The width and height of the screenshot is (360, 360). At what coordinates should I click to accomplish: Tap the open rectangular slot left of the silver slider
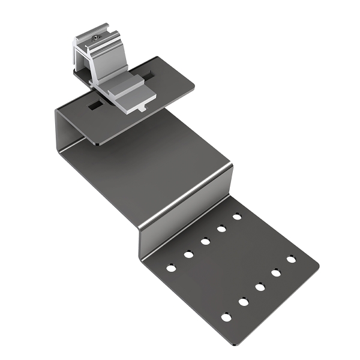(x=95, y=106)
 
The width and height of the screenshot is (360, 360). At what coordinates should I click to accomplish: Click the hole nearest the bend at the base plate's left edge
(x=171, y=267)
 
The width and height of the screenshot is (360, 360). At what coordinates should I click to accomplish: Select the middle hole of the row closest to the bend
(x=205, y=241)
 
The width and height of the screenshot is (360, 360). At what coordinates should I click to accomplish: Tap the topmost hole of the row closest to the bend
(x=237, y=215)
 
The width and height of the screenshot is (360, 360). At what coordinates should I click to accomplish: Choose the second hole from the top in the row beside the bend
(x=221, y=229)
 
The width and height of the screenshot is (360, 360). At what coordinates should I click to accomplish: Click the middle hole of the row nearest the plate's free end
(x=260, y=287)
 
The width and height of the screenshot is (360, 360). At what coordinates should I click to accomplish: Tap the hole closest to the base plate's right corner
(x=291, y=259)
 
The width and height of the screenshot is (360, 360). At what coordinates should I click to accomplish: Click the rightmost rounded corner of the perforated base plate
(x=316, y=262)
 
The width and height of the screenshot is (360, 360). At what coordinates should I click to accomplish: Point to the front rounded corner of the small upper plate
(x=96, y=142)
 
